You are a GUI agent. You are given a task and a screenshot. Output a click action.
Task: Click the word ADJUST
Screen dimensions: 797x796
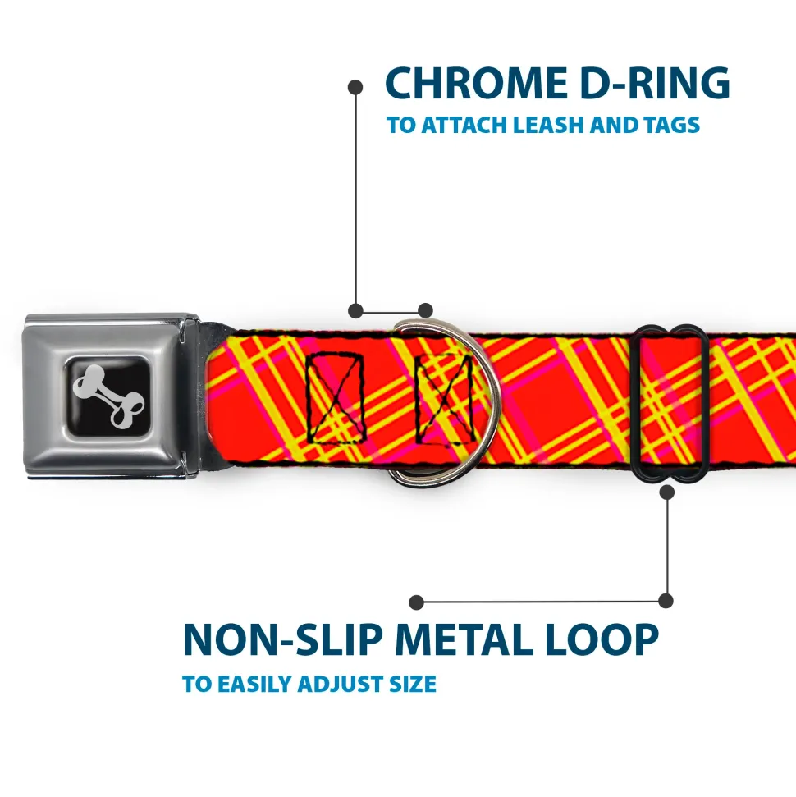click(345, 684)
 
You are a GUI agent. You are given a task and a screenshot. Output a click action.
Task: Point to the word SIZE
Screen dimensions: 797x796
click(414, 684)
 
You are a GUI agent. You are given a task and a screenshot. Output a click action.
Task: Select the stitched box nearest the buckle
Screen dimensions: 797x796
click(334, 396)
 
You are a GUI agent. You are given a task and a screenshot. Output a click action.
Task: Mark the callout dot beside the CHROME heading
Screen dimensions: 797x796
click(355, 85)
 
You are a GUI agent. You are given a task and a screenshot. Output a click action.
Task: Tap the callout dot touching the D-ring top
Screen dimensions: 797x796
click(425, 310)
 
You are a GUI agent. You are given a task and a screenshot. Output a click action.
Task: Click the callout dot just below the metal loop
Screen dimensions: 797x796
click(666, 492)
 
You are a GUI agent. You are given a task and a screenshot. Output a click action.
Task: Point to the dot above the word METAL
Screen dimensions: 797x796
click(417, 602)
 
